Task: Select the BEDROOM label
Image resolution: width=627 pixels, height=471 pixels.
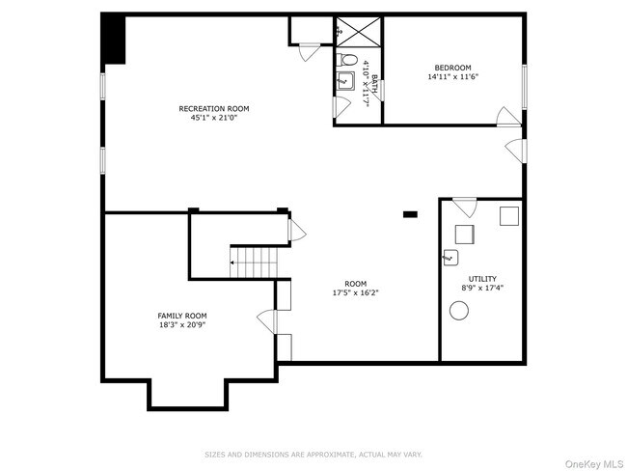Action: [x=452, y=69]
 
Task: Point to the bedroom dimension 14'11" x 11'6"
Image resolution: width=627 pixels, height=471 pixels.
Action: [x=452, y=78]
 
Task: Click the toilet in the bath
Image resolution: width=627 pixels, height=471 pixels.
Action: [x=348, y=60]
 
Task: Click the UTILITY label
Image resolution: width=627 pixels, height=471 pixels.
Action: [x=482, y=277]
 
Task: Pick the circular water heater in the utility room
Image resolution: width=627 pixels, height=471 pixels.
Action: [x=459, y=310]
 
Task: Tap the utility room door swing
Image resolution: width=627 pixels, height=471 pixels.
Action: [x=465, y=206]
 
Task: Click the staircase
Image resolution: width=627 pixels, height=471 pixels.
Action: [x=254, y=260]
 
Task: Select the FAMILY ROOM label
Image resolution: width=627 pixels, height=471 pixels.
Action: [x=182, y=316]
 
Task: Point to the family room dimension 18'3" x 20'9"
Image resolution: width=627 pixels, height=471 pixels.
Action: [x=182, y=325]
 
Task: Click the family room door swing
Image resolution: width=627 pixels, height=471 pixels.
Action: [x=265, y=320]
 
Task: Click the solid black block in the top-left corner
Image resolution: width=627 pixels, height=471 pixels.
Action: [x=114, y=39]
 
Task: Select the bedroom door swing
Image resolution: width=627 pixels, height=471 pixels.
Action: [x=507, y=118]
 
